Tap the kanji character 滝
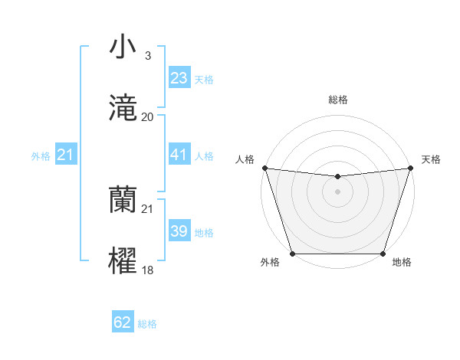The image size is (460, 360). [x=123, y=108]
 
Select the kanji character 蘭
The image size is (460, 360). [x=123, y=200]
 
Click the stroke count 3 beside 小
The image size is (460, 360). [x=147, y=55]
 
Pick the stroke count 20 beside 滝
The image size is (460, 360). [x=148, y=117]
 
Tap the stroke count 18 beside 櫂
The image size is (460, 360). [x=148, y=270]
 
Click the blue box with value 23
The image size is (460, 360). [x=179, y=78]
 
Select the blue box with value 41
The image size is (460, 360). [x=179, y=155]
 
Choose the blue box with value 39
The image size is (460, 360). [x=179, y=231]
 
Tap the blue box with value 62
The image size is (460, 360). [x=123, y=322]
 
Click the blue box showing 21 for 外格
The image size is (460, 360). [x=66, y=155]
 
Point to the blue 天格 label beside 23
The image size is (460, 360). [x=204, y=80]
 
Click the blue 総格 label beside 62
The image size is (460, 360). [x=147, y=324]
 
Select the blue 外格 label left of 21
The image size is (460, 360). [x=41, y=156]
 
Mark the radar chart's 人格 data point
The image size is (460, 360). [x=264, y=168]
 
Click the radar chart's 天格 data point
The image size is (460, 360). [x=410, y=168]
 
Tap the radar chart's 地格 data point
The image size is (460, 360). [x=383, y=253]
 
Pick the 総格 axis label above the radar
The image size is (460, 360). [x=337, y=100]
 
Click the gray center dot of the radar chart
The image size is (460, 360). [x=337, y=191]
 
